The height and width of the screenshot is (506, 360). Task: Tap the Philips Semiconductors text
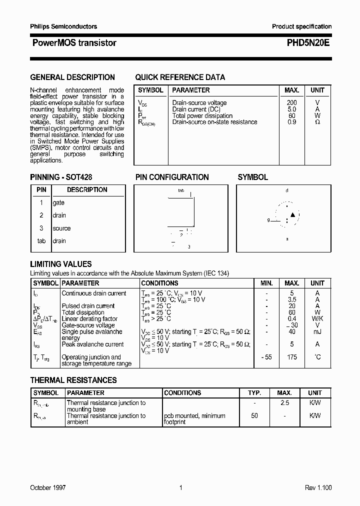point(63,26)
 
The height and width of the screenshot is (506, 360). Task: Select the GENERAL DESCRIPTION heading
point(72,77)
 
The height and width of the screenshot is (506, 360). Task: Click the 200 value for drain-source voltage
point(291,103)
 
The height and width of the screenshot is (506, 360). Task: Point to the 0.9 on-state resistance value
point(292,122)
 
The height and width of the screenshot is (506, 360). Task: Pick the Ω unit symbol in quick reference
point(317,122)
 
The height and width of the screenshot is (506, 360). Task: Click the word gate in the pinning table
point(58,203)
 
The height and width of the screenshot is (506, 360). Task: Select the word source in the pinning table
point(61,228)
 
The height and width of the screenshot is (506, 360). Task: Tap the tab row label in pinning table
point(41,241)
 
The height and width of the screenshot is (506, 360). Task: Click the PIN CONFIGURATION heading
point(172,177)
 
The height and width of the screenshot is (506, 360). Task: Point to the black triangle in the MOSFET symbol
point(293,215)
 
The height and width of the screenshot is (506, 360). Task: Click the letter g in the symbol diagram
point(268,220)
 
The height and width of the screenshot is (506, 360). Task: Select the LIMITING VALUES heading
point(61,264)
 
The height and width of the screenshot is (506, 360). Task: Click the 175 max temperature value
point(292,357)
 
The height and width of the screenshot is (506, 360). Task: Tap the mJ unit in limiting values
point(317,331)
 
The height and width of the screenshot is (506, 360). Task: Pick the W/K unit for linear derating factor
point(317,319)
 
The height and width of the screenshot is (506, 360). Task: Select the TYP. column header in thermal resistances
point(254,393)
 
